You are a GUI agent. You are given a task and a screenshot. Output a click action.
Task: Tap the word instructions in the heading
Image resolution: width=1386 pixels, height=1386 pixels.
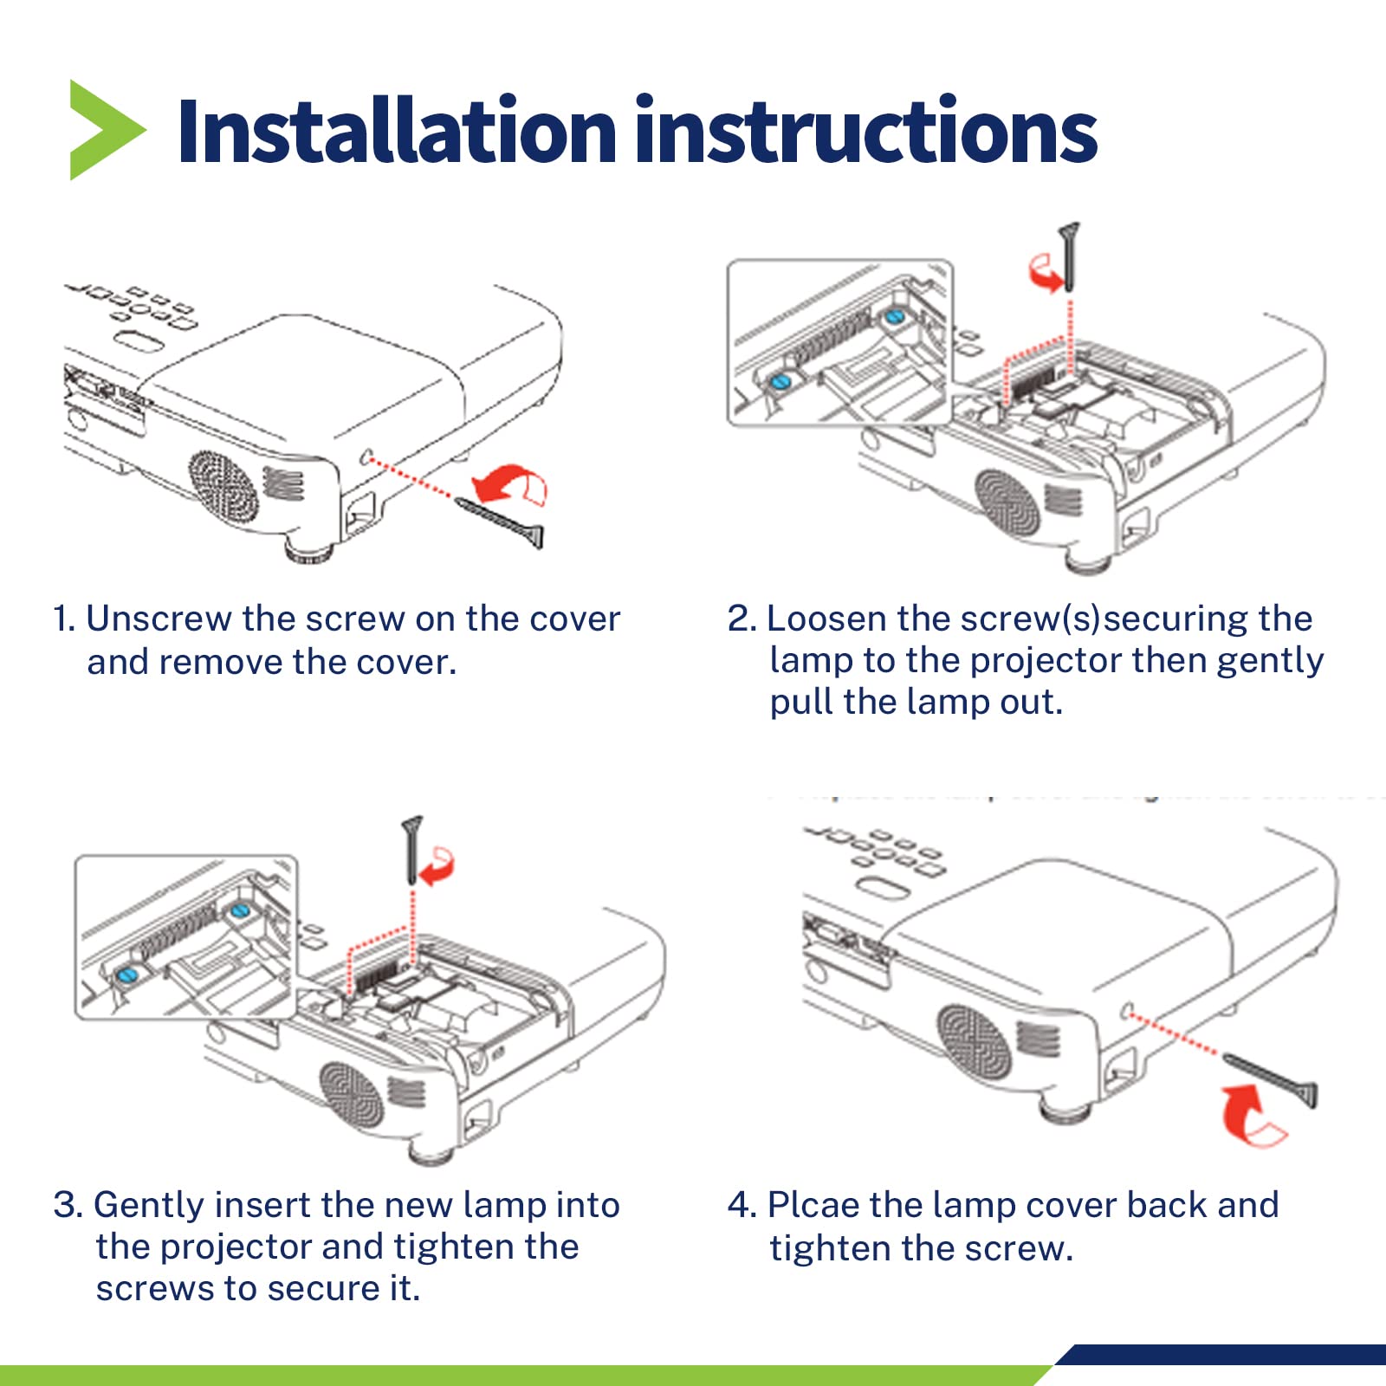click(x=866, y=132)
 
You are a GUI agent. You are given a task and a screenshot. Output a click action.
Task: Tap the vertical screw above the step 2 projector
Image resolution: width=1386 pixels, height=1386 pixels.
click(x=1070, y=256)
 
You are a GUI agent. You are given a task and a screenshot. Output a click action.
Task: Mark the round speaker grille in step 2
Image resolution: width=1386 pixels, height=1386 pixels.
click(x=1007, y=502)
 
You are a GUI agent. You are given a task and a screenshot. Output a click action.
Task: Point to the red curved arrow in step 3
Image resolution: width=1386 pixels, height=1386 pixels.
click(x=437, y=866)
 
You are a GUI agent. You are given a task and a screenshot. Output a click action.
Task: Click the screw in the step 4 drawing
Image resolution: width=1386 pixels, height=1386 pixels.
click(x=1271, y=1079)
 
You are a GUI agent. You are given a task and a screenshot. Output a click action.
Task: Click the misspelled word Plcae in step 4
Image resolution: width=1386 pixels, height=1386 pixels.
click(x=813, y=1206)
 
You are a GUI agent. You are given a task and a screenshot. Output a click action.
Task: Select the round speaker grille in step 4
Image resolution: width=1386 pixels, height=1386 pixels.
click(x=975, y=1042)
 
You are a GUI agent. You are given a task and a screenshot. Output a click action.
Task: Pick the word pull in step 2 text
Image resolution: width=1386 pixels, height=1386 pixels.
click(x=801, y=703)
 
